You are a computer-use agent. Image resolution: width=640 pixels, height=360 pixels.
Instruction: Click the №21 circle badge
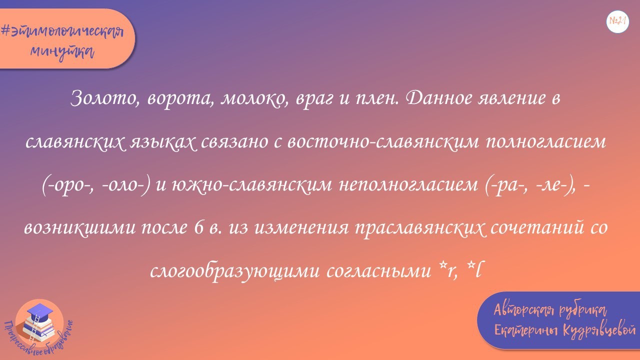[618, 21]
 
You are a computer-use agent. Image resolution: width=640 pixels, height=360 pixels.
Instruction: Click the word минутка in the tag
[62, 50]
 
